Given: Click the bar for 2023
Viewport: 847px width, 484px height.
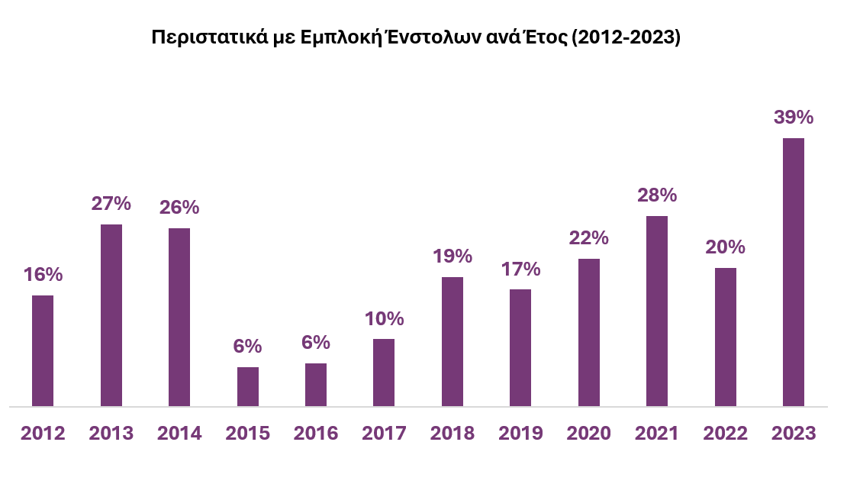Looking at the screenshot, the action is [794, 273].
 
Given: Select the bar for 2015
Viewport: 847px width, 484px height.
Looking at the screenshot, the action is [248, 387].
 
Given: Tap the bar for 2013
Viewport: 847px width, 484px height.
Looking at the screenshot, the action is [111, 315].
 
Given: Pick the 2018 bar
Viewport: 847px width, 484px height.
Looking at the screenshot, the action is [452, 342].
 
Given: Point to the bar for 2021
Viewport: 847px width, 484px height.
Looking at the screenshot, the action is [657, 311].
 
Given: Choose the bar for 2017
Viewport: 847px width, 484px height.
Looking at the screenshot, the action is [384, 373].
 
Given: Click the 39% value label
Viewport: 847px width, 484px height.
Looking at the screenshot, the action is [794, 118].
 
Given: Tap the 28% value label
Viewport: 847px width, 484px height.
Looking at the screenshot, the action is [657, 195].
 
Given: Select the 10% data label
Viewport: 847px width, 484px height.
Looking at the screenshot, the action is [384, 318].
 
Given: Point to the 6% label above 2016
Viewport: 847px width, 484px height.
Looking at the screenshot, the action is [316, 343].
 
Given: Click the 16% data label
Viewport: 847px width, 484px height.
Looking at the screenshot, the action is [43, 274].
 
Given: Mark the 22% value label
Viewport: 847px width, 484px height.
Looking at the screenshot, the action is [589, 237].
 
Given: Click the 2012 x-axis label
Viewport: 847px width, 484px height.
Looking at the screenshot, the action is [43, 433].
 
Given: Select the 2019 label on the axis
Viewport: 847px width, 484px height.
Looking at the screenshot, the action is [520, 433].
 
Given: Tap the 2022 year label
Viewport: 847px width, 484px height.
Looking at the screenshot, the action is [726, 433].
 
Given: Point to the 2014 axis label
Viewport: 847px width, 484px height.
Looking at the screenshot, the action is [179, 433].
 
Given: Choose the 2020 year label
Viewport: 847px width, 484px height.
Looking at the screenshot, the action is [589, 433].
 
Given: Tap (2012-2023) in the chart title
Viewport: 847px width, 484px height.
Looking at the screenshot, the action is [626, 37].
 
